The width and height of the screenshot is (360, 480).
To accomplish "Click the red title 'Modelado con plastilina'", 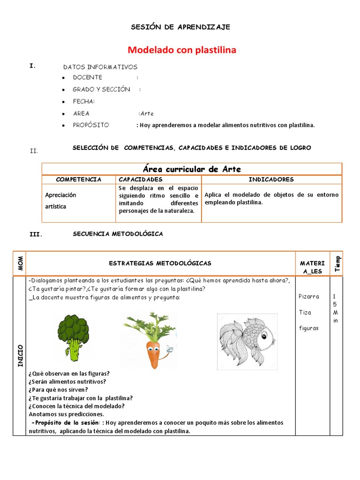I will pos(182,50).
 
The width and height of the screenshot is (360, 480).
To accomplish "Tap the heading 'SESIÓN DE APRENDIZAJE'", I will pos(180,27).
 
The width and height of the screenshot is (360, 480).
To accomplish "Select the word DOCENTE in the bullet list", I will pos(87,77).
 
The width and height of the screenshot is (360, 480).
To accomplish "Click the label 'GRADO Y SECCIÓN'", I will pos(101,89).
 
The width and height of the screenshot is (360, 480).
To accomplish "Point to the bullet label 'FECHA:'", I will pos(83,101).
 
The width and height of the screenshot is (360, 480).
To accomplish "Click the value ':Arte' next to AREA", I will pos(146,113).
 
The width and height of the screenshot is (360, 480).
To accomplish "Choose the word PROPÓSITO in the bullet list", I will pos(90,125).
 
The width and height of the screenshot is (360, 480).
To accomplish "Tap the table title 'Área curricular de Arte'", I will pos(192,169).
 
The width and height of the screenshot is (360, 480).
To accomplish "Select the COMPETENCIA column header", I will pos(78,180).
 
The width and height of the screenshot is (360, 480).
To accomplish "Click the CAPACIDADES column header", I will pos(140,180).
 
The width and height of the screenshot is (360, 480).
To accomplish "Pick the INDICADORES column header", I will pos(271,180).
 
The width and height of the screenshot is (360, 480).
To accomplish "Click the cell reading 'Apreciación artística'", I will pos(60,201).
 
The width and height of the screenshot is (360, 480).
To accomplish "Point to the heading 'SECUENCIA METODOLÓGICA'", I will pos(118,234).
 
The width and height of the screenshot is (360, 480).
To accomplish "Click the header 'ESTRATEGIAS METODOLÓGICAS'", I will pos(160,263).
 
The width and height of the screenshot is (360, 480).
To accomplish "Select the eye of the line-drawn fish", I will pos(264,336).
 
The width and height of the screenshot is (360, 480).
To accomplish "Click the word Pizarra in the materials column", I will pos(309,296).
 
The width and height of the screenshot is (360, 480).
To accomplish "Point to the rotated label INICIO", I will pos(20,356).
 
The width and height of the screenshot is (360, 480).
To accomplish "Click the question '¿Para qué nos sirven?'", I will pos(58,390).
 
